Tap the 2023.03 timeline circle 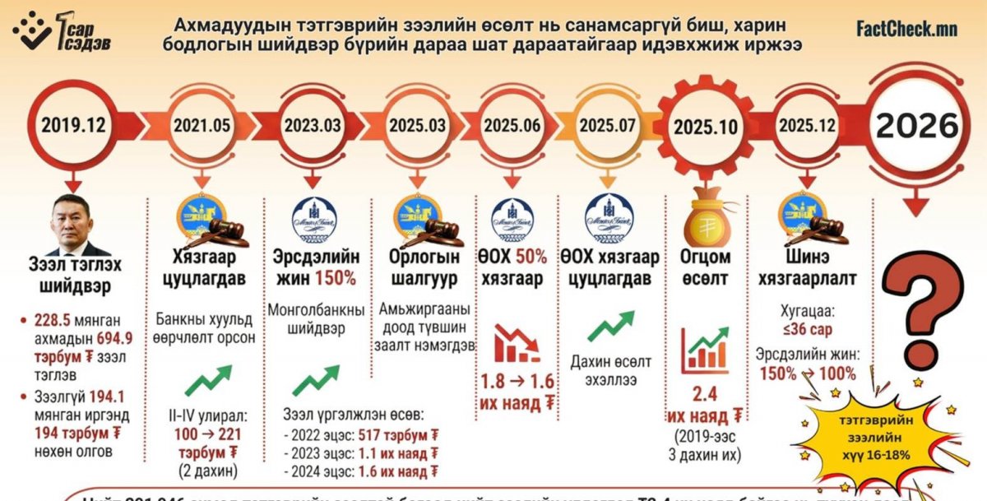coord(312,126)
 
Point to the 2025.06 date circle coord(511,126)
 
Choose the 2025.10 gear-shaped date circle coord(706,128)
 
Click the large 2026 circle coord(915,126)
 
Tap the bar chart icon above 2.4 coord(706,348)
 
